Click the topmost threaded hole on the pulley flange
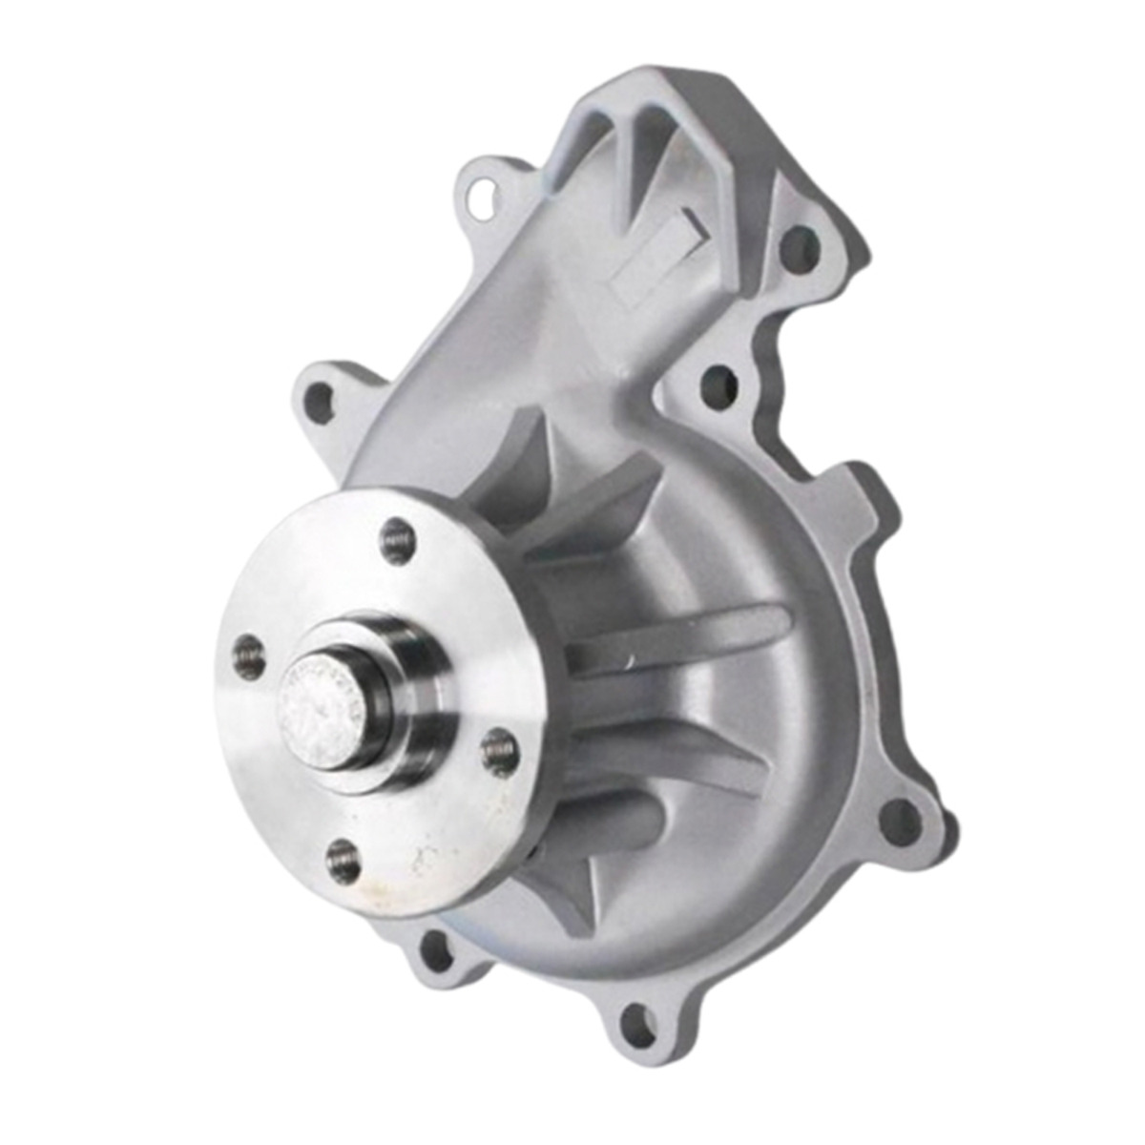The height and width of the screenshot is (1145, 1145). pos(397,541)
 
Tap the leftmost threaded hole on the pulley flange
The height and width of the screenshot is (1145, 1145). pos(248,657)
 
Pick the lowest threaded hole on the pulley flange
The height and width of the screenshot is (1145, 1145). pos(343,862)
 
